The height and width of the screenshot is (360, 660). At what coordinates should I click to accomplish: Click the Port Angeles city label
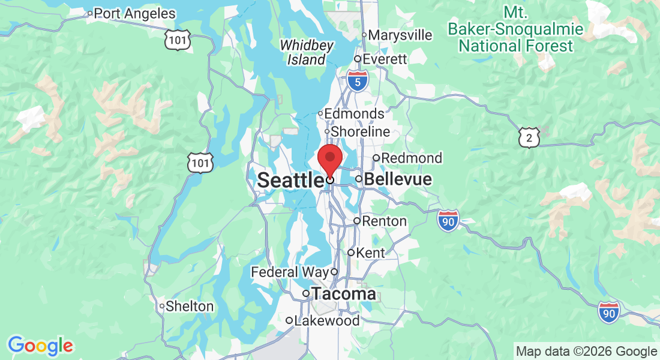pyautogui.click(x=134, y=13)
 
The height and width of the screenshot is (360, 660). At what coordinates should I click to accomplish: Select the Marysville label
pyautogui.click(x=400, y=35)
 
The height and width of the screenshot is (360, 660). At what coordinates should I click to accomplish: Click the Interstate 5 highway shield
pyautogui.click(x=358, y=82)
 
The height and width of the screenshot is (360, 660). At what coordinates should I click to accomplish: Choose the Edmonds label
pyautogui.click(x=354, y=113)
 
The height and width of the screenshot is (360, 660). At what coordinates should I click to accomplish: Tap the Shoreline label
pyautogui.click(x=360, y=131)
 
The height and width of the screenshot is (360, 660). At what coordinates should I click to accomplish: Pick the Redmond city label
pyautogui.click(x=411, y=158)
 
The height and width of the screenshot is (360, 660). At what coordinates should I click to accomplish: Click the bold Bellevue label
pyautogui.click(x=398, y=179)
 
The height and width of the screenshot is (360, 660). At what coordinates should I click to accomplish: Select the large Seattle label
pyautogui.click(x=290, y=179)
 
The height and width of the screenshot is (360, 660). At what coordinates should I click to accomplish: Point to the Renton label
pyautogui.click(x=384, y=221)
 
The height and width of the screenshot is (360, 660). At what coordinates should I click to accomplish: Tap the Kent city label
pyautogui.click(x=370, y=253)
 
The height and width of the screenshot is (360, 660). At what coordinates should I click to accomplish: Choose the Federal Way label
pyautogui.click(x=290, y=272)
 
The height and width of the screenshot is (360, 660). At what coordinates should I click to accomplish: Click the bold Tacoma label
pyautogui.click(x=344, y=294)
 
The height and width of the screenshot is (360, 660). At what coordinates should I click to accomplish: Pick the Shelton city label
pyautogui.click(x=189, y=306)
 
